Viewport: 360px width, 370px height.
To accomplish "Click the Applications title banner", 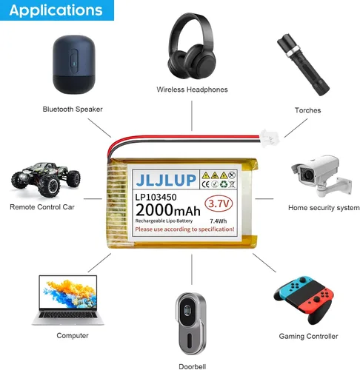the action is click(x=57, y=10).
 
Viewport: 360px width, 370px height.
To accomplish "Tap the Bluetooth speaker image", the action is click(x=74, y=64).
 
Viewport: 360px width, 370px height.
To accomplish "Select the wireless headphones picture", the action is click(x=192, y=46).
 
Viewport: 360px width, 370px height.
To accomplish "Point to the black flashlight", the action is click(x=303, y=64).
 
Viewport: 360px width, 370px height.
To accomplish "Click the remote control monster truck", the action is click(x=46, y=179).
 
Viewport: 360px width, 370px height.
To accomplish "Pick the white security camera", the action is click(x=321, y=175).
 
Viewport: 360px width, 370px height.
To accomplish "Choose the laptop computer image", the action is click(x=68, y=300).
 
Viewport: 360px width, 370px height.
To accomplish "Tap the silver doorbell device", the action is click(x=190, y=323).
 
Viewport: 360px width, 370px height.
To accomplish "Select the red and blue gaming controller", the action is click(x=304, y=299).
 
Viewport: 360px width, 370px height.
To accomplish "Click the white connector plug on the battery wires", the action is click(x=270, y=138).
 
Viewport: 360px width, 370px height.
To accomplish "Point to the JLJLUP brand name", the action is click(x=166, y=180).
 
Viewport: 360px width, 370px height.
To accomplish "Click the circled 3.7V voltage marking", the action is click(x=219, y=203).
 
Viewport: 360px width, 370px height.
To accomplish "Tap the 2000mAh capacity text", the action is click(x=168, y=210).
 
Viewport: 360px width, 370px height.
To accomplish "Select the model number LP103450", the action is click(x=156, y=197).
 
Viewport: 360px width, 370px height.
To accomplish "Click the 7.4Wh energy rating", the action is click(x=219, y=221).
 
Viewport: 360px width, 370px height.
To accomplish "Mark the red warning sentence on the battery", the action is click(x=184, y=229).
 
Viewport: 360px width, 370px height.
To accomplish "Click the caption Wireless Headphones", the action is click(x=192, y=90).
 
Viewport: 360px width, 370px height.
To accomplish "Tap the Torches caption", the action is click(x=307, y=110).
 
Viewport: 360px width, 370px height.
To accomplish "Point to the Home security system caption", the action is click(x=324, y=208).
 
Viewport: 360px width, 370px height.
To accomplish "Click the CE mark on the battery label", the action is click(x=205, y=184).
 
